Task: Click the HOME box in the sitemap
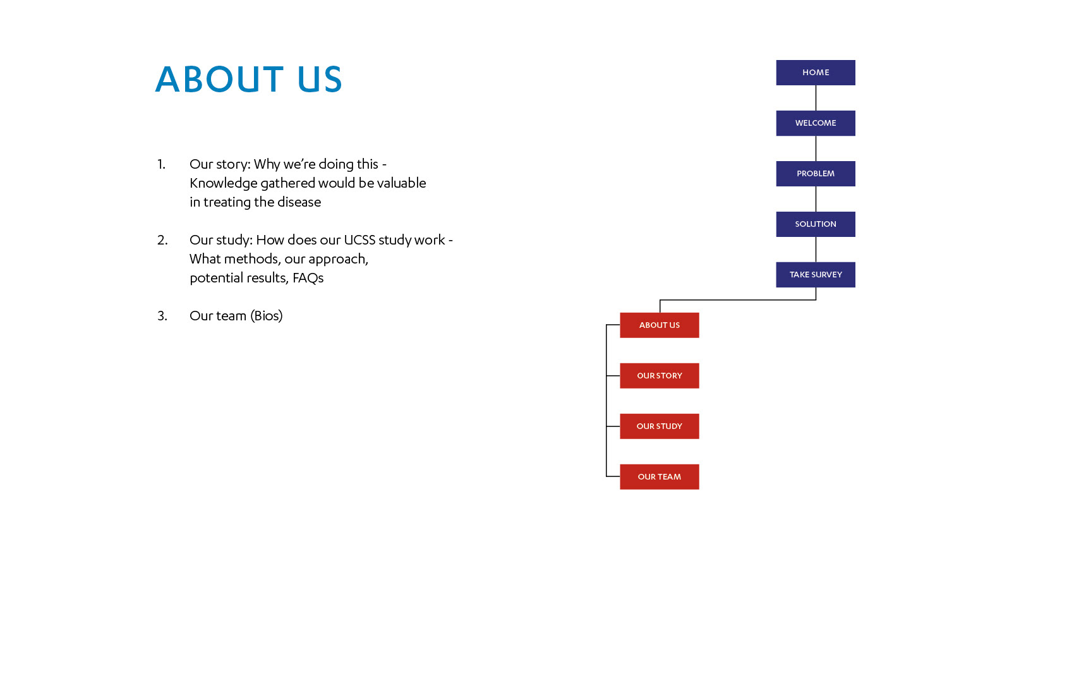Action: [816, 73]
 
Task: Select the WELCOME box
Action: [816, 123]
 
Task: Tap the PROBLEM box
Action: [816, 174]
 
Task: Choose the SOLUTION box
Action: [816, 224]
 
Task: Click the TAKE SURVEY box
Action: [816, 275]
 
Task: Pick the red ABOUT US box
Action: [660, 325]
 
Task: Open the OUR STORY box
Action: [660, 375]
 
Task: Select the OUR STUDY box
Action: [660, 426]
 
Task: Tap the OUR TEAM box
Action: [660, 477]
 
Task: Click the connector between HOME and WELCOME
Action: [816, 98]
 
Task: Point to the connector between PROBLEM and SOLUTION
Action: [816, 199]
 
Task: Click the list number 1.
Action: [161, 164]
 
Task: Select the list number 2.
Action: [162, 240]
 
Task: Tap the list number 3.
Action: [162, 316]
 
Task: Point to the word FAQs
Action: [308, 278]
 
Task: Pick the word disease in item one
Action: [301, 202]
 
